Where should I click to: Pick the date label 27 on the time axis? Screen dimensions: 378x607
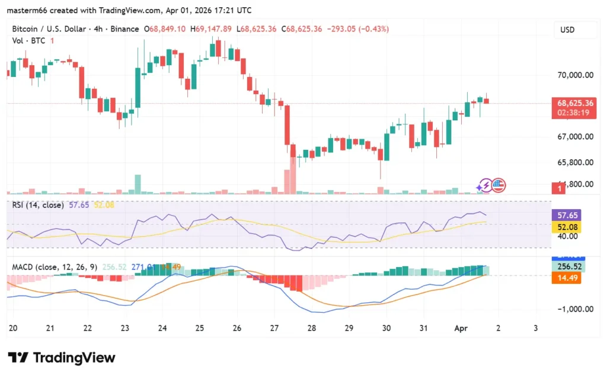(x=275, y=328)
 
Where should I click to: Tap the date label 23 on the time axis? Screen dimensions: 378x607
(x=125, y=328)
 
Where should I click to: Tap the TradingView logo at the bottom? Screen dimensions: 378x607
(x=62, y=358)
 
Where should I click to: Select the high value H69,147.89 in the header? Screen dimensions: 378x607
(x=211, y=28)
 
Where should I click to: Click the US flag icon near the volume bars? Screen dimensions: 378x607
(x=498, y=185)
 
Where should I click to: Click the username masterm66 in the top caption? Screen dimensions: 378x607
(x=27, y=10)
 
